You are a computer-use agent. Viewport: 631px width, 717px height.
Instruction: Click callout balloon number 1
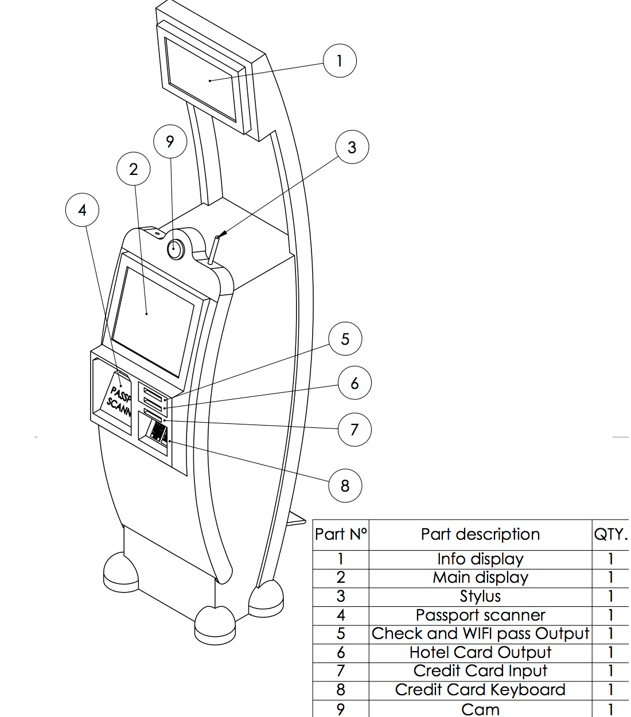[x=340, y=61]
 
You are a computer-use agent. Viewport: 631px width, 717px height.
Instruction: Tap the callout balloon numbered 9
[x=170, y=142]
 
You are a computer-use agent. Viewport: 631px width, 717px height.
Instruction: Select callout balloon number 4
[x=83, y=211]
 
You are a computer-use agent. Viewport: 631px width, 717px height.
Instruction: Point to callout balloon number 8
[x=345, y=486]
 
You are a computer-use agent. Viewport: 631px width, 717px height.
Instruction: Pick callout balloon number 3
[x=352, y=147]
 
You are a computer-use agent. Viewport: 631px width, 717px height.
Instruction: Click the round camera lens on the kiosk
[x=175, y=250]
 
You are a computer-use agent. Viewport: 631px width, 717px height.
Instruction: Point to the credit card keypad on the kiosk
[x=157, y=433]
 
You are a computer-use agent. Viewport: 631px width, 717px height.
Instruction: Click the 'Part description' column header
[x=480, y=535]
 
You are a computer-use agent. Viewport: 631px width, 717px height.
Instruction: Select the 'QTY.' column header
[x=610, y=535]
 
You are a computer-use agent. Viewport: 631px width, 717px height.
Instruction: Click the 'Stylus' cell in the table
[x=480, y=597]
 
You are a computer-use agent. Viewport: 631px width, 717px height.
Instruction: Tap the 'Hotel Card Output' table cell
[x=480, y=653]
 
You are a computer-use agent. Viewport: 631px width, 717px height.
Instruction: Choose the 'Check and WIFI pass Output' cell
[x=480, y=634]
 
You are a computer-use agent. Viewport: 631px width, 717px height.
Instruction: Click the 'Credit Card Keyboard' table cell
[x=480, y=690]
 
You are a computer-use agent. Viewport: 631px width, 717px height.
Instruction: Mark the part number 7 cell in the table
[x=341, y=671]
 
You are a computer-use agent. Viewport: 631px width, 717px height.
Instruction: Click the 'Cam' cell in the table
[x=480, y=709]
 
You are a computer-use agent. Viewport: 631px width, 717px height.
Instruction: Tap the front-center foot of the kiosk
[x=215, y=622]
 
